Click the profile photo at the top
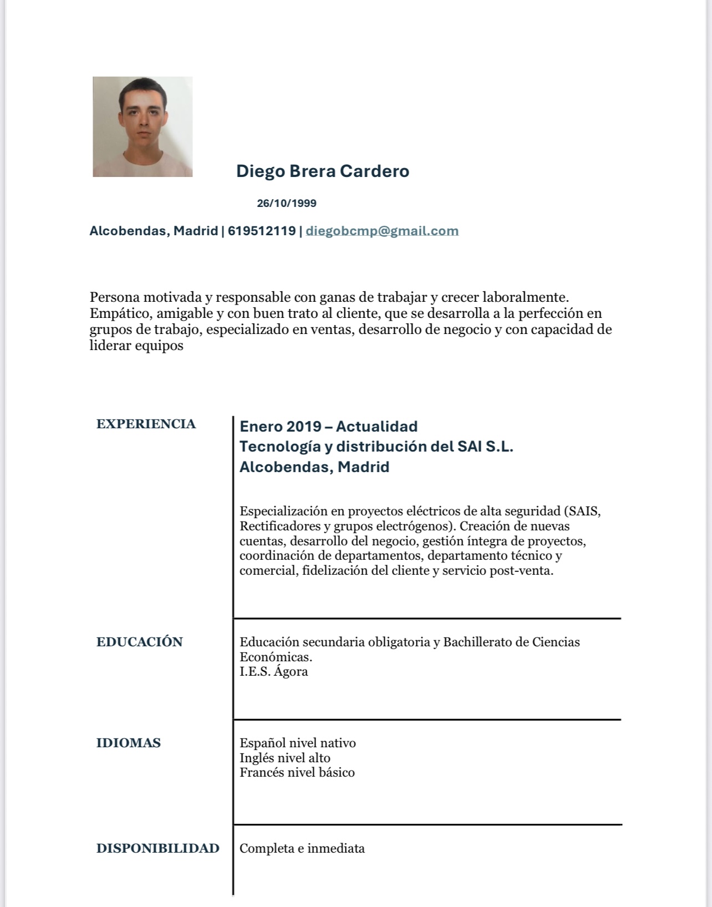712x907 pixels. (143, 126)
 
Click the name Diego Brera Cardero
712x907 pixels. (323, 171)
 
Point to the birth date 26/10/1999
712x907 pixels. (287, 203)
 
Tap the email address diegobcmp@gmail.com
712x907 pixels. (382, 231)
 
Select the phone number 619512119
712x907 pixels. (262, 231)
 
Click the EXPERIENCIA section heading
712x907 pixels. (146, 424)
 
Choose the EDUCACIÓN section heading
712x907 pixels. (139, 642)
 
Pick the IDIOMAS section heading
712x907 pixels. (128, 743)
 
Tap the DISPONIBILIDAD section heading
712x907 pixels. (157, 848)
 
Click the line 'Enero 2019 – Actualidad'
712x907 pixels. (328, 427)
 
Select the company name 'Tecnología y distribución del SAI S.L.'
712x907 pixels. (376, 447)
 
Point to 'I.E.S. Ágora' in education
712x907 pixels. (273, 672)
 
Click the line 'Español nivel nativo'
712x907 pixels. (297, 743)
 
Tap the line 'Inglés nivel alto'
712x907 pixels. (284, 758)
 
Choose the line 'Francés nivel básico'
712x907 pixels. (297, 772)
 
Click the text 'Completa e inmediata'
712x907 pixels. (302, 848)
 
